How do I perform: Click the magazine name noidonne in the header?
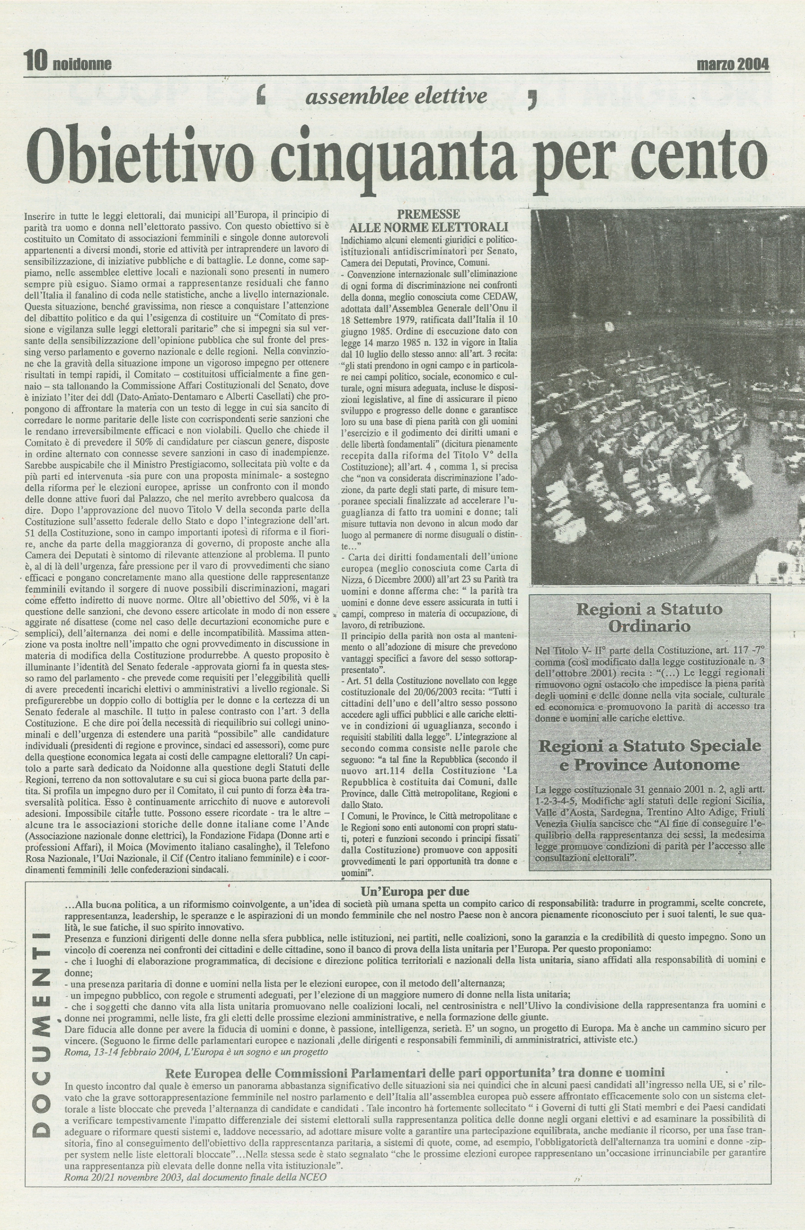[82, 65]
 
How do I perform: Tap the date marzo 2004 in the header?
[733, 64]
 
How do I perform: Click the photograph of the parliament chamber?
[667, 395]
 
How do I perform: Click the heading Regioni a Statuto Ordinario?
[649, 618]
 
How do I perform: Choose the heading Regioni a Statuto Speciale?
[649, 746]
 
